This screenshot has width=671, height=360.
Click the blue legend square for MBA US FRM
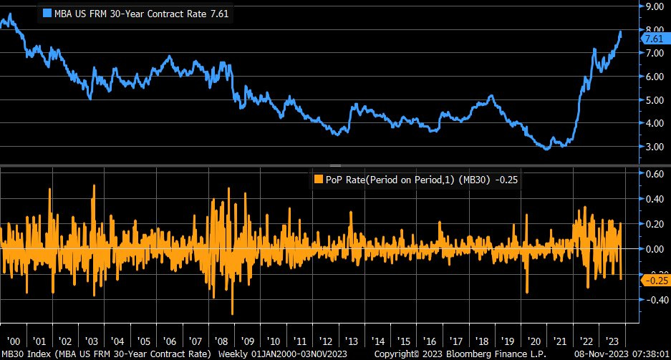tap(48, 13)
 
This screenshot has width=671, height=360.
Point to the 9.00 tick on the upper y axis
tap(654, 6)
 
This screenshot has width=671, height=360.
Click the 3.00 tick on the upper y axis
tap(654, 147)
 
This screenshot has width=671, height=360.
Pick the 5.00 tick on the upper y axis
tap(654, 100)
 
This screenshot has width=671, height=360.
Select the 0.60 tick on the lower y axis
tap(654, 173)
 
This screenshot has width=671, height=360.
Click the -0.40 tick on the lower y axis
tap(652, 300)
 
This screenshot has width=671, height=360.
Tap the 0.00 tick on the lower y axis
tap(654, 249)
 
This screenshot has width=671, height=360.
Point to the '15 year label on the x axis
tap(404, 340)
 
